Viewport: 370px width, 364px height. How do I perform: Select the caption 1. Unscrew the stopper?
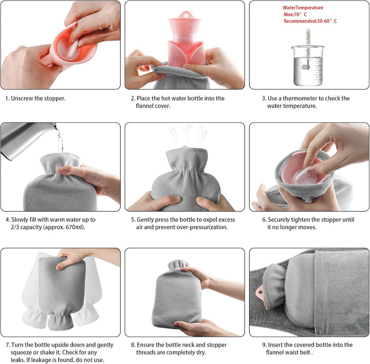(35, 98)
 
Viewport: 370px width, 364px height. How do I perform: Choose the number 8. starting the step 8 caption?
(133, 345)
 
